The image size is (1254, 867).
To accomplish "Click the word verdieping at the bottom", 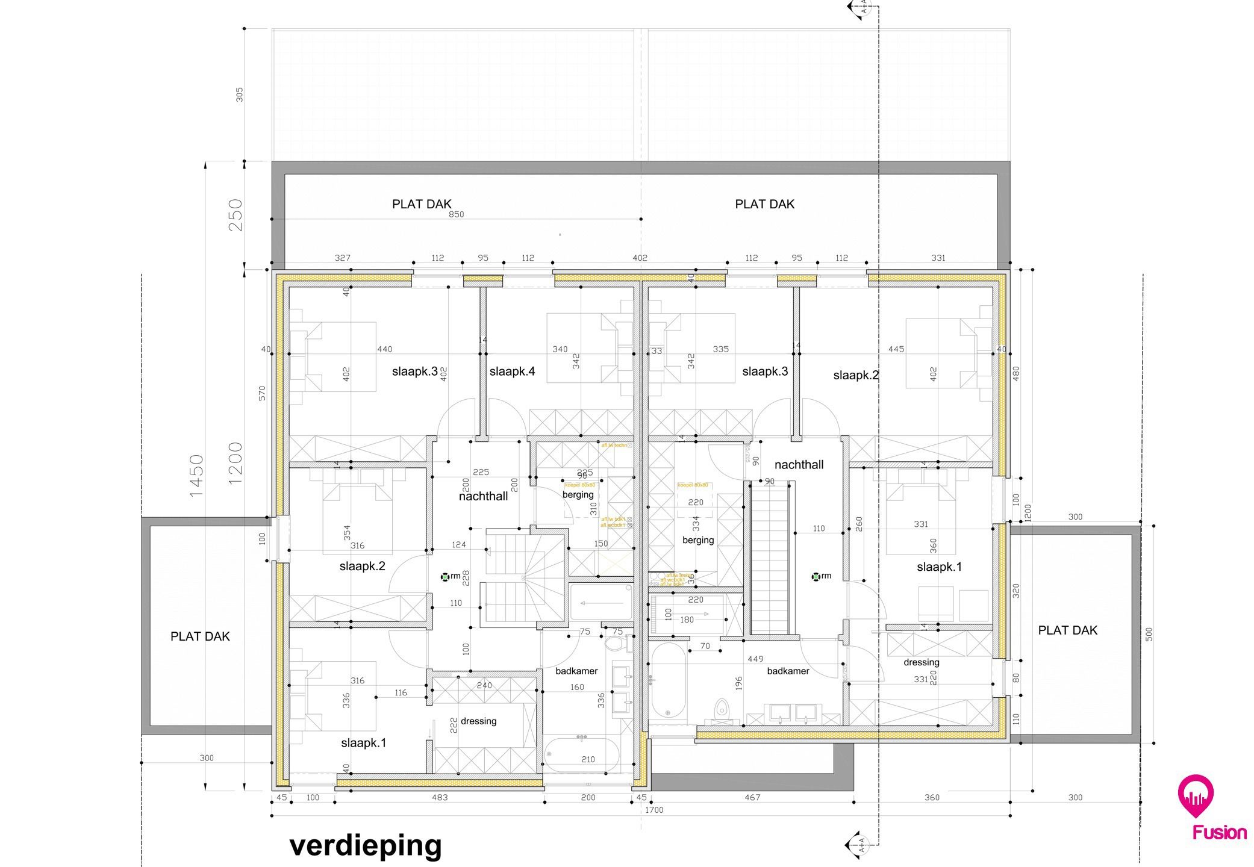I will tap(366, 845).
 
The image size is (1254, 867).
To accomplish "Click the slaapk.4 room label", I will tap(512, 371).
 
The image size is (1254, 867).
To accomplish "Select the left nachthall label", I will tap(483, 497).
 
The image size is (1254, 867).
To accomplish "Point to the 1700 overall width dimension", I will tap(654, 810).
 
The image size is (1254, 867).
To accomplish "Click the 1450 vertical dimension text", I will tap(197, 476).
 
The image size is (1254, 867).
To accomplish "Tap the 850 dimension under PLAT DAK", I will tap(456, 214).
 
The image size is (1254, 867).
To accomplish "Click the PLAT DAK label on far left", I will tap(200, 636).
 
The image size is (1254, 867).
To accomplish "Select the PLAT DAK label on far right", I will tap(1067, 630).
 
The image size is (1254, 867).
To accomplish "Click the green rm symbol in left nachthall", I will tap(445, 577).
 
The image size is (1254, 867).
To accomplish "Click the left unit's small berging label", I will tap(578, 495).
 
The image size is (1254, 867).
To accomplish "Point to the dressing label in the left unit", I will tap(478, 721).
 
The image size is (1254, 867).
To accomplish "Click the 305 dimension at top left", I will tap(240, 94).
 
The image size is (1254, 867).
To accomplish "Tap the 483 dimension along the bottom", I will tap(440, 798).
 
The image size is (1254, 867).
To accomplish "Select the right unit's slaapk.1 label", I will tap(939, 567).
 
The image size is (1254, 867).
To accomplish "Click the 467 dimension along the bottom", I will tap(752, 798).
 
